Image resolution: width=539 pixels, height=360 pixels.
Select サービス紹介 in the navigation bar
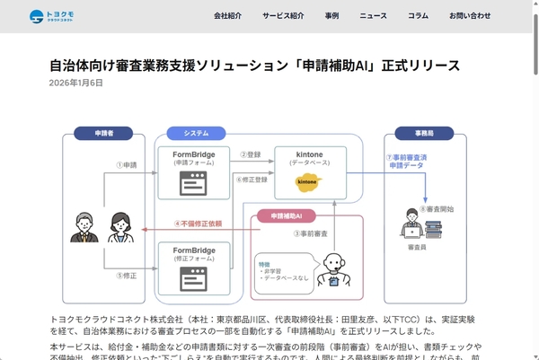pyautogui.click(x=283, y=16)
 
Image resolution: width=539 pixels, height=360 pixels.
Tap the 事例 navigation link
pyautogui.click(x=332, y=16)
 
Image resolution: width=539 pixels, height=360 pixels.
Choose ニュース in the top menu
pyautogui.click(x=373, y=16)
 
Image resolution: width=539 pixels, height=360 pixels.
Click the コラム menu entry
pyautogui.click(x=418, y=16)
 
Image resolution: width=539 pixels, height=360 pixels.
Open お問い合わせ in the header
pyautogui.click(x=470, y=16)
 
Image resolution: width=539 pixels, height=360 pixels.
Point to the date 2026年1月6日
pyautogui.click(x=76, y=83)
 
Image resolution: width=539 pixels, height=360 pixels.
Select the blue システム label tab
pyautogui.click(x=196, y=134)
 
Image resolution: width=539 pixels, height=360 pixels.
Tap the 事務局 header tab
pyautogui.click(x=425, y=134)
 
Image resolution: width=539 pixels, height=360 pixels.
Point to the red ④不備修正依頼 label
pyautogui.click(x=197, y=224)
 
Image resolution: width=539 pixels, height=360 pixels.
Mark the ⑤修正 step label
pyautogui.click(x=126, y=275)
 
